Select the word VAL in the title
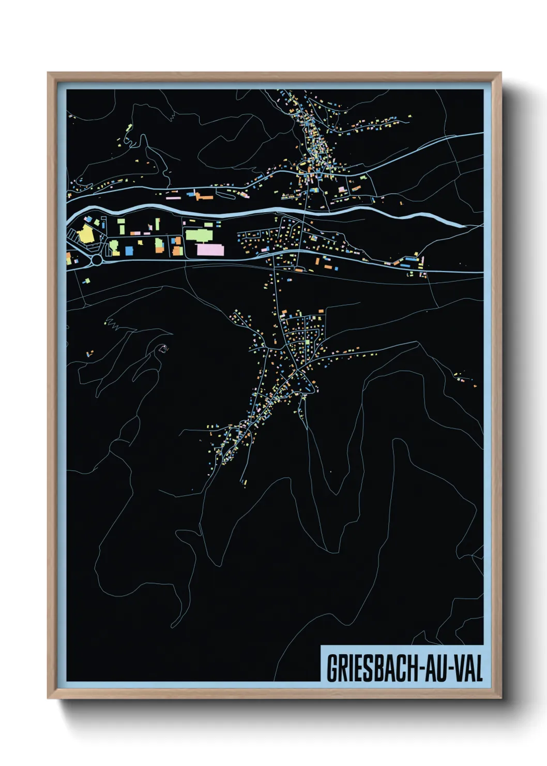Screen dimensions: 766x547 click(468, 668)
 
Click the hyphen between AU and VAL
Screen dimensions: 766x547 click(450, 669)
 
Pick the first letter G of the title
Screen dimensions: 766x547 click(331, 668)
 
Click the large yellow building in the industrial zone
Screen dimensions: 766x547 click(84, 235)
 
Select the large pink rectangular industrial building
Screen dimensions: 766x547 click(210, 250)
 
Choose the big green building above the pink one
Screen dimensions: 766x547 click(199, 235)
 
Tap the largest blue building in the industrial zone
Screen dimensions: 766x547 click(129, 251)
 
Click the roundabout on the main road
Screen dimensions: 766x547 click(97, 260)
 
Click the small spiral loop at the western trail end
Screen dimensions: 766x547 click(163, 349)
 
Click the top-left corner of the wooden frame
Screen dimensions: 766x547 click(48, 73)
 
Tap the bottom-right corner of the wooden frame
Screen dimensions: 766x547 click(500, 698)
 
